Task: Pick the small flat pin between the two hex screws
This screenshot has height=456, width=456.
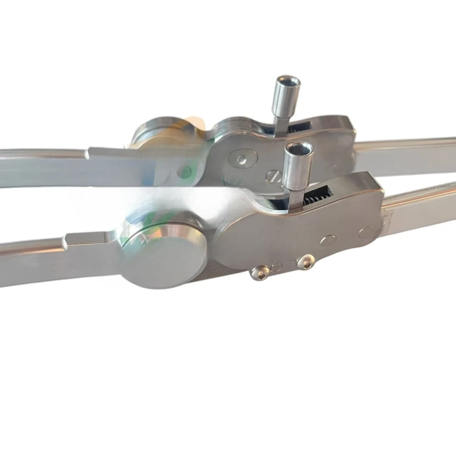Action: coord(276,267)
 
